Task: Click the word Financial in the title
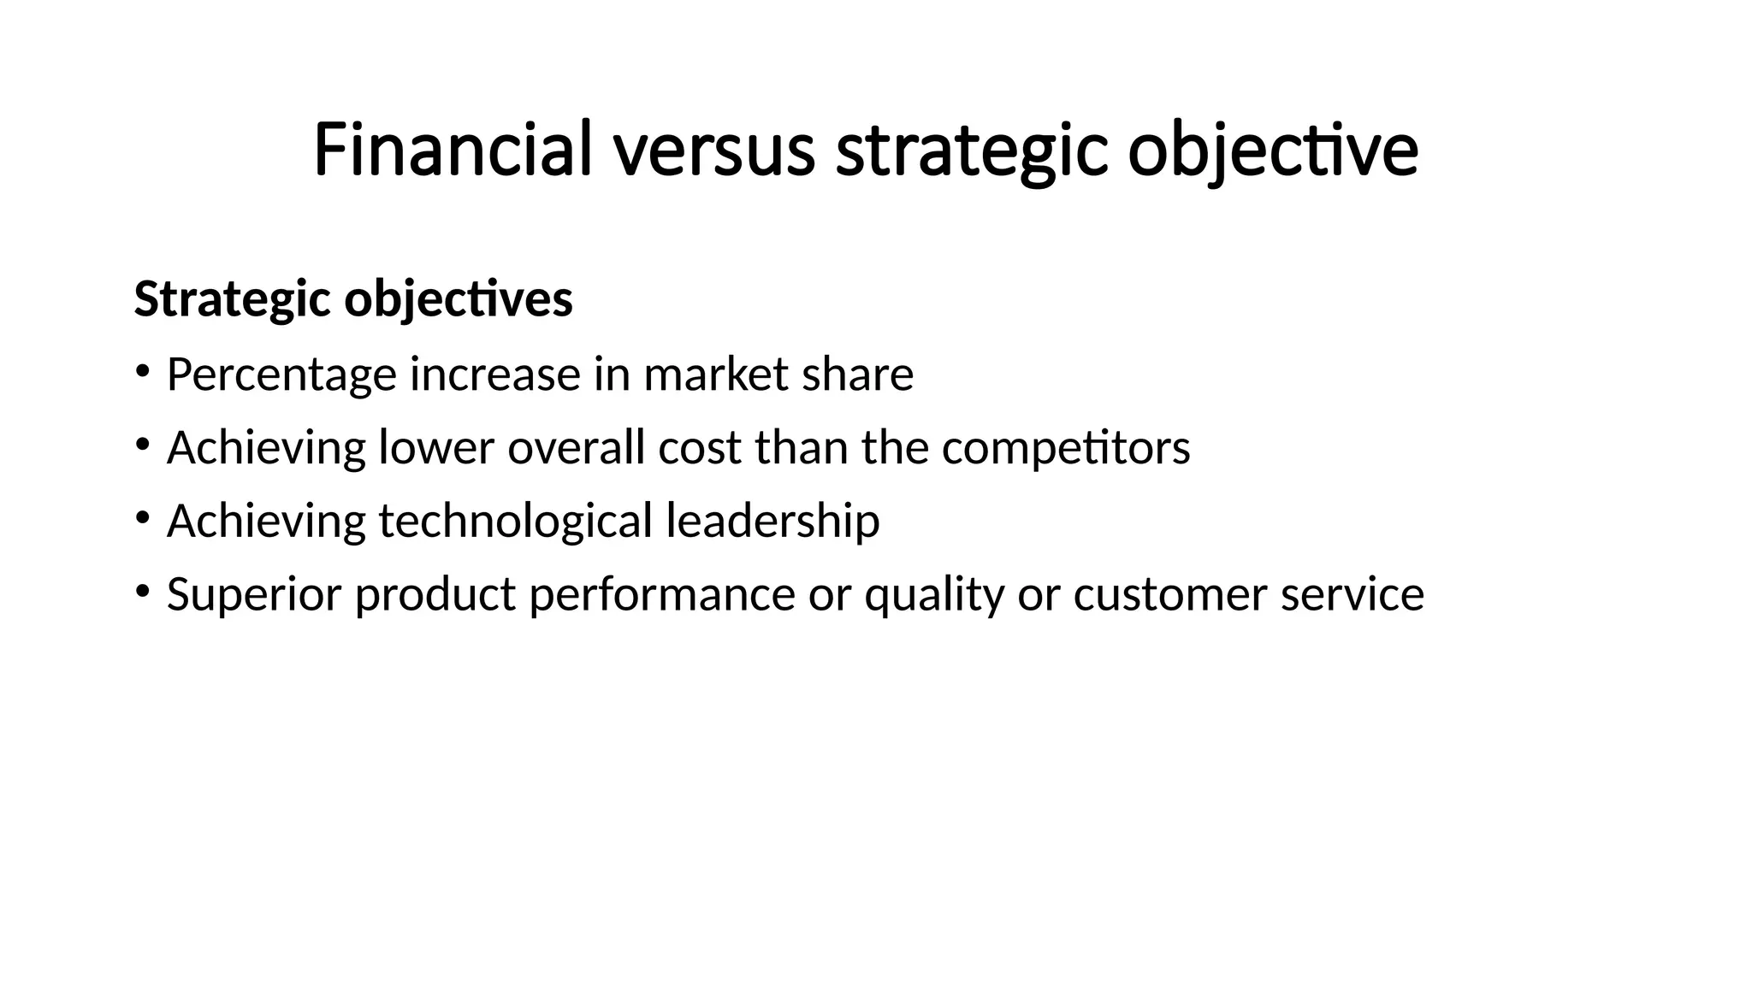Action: [453, 150]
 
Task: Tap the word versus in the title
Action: [713, 150]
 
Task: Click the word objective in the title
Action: [1273, 150]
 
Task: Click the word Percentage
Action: [282, 375]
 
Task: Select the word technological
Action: [515, 522]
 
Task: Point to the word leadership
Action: [772, 522]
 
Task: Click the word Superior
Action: [254, 594]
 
